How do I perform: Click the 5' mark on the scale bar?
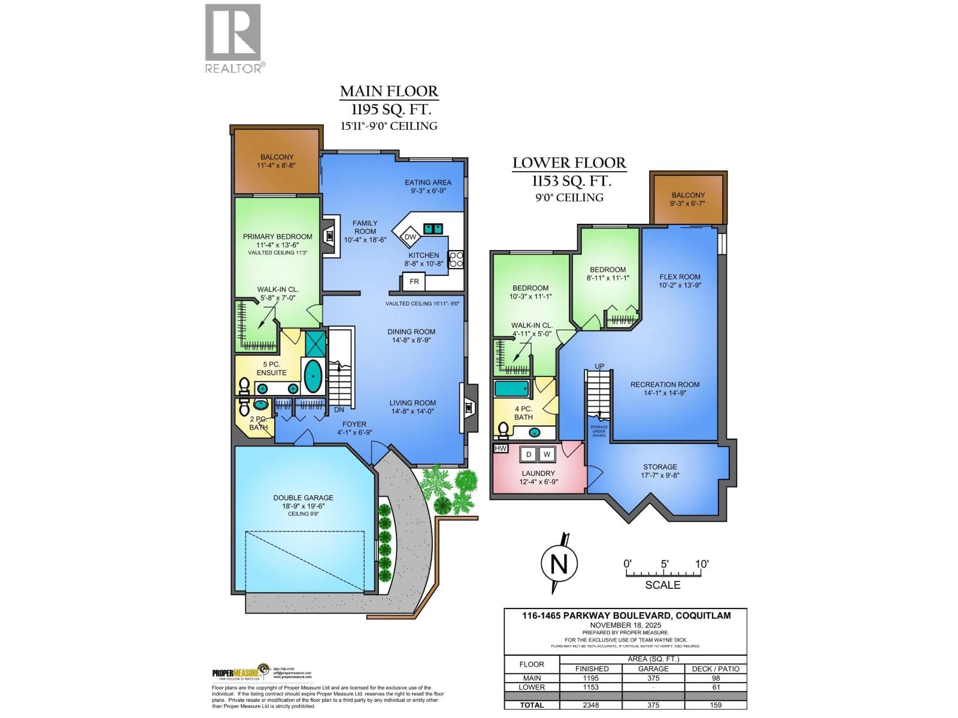click(x=664, y=564)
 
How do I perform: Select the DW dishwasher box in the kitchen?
click(x=410, y=237)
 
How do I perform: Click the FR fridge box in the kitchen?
click(x=414, y=281)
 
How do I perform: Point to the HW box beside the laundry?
click(x=501, y=448)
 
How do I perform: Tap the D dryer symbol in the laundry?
click(x=528, y=455)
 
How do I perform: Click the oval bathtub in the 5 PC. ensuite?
click(x=313, y=376)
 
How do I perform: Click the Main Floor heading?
click(x=389, y=92)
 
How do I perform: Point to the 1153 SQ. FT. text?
click(x=571, y=181)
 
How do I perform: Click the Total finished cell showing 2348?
click(x=591, y=705)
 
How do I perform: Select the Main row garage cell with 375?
click(x=653, y=678)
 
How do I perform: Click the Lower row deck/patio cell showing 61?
click(x=716, y=687)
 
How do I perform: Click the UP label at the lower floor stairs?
click(x=599, y=366)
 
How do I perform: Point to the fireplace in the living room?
click(x=469, y=408)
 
